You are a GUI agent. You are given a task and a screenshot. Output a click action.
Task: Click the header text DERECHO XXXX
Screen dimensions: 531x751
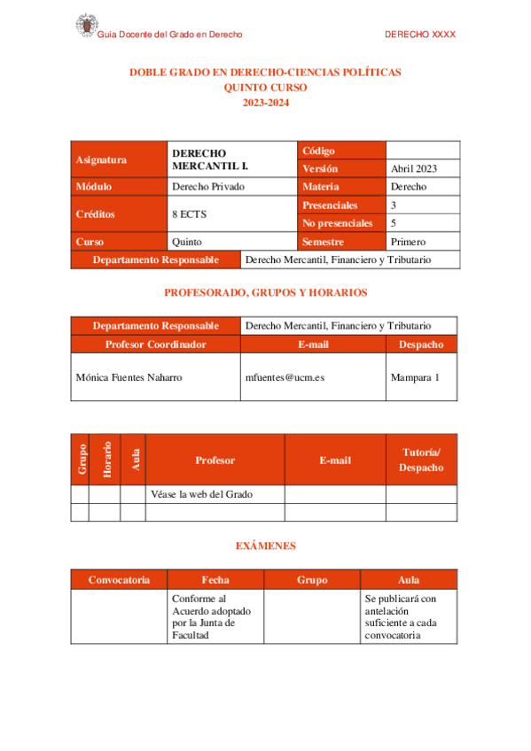[420, 35]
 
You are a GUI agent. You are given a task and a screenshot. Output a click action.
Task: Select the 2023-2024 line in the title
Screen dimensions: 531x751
[266, 103]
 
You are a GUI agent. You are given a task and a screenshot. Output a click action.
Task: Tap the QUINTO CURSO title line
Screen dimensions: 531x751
[266, 88]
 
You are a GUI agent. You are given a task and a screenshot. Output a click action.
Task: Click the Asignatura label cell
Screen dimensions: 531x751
[101, 160]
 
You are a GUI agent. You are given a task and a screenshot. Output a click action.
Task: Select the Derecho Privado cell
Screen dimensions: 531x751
[208, 187]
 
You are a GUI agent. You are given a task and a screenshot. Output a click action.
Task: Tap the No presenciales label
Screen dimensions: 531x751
[338, 223]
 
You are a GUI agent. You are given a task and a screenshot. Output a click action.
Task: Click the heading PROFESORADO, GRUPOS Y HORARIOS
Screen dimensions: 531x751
[266, 292]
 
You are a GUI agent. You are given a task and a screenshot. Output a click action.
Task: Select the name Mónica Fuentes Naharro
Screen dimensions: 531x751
[129, 377]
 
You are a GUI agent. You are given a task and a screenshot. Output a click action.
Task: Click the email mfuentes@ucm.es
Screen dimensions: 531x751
[284, 377]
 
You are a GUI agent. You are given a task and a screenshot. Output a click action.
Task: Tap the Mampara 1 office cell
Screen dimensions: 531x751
[415, 377]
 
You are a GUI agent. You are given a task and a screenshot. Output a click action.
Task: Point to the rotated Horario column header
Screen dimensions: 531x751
[105, 460]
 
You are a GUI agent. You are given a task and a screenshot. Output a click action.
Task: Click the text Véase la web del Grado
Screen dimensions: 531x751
[202, 494]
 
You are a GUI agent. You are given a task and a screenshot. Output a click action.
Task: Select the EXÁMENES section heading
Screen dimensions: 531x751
[266, 546]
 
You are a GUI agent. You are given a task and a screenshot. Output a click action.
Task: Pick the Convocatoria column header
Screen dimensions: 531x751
[119, 580]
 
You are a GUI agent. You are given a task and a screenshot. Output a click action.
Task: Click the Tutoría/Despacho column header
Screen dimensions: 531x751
[421, 460]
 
